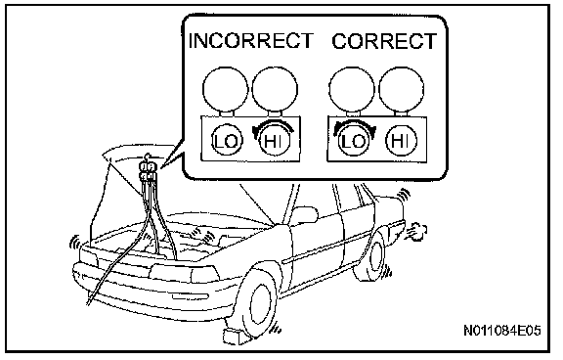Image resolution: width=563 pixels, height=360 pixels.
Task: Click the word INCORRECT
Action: coord(250,41)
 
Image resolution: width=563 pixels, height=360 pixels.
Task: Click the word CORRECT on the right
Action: coord(384,41)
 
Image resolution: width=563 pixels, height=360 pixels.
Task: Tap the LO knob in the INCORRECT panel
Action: coord(227,141)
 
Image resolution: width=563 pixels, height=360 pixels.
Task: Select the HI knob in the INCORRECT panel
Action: coord(275,141)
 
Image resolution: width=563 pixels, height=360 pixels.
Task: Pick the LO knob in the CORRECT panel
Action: coord(353,141)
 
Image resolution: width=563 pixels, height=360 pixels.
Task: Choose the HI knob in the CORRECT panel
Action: coord(401,140)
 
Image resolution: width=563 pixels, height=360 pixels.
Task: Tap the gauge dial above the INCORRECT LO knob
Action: coord(225,89)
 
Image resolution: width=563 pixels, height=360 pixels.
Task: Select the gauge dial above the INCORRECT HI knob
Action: coord(275,89)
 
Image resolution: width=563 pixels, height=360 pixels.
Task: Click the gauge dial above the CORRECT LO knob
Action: coord(352,89)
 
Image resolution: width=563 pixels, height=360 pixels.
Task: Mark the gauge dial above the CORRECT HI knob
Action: coord(402,89)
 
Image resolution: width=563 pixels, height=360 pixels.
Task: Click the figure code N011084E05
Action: coord(502,331)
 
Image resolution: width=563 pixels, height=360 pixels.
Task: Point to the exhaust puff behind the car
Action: coord(416,231)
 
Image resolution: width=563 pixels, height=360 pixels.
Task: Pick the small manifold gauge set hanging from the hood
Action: coord(148,169)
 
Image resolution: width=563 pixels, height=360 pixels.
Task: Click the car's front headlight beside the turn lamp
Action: coord(170,274)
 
